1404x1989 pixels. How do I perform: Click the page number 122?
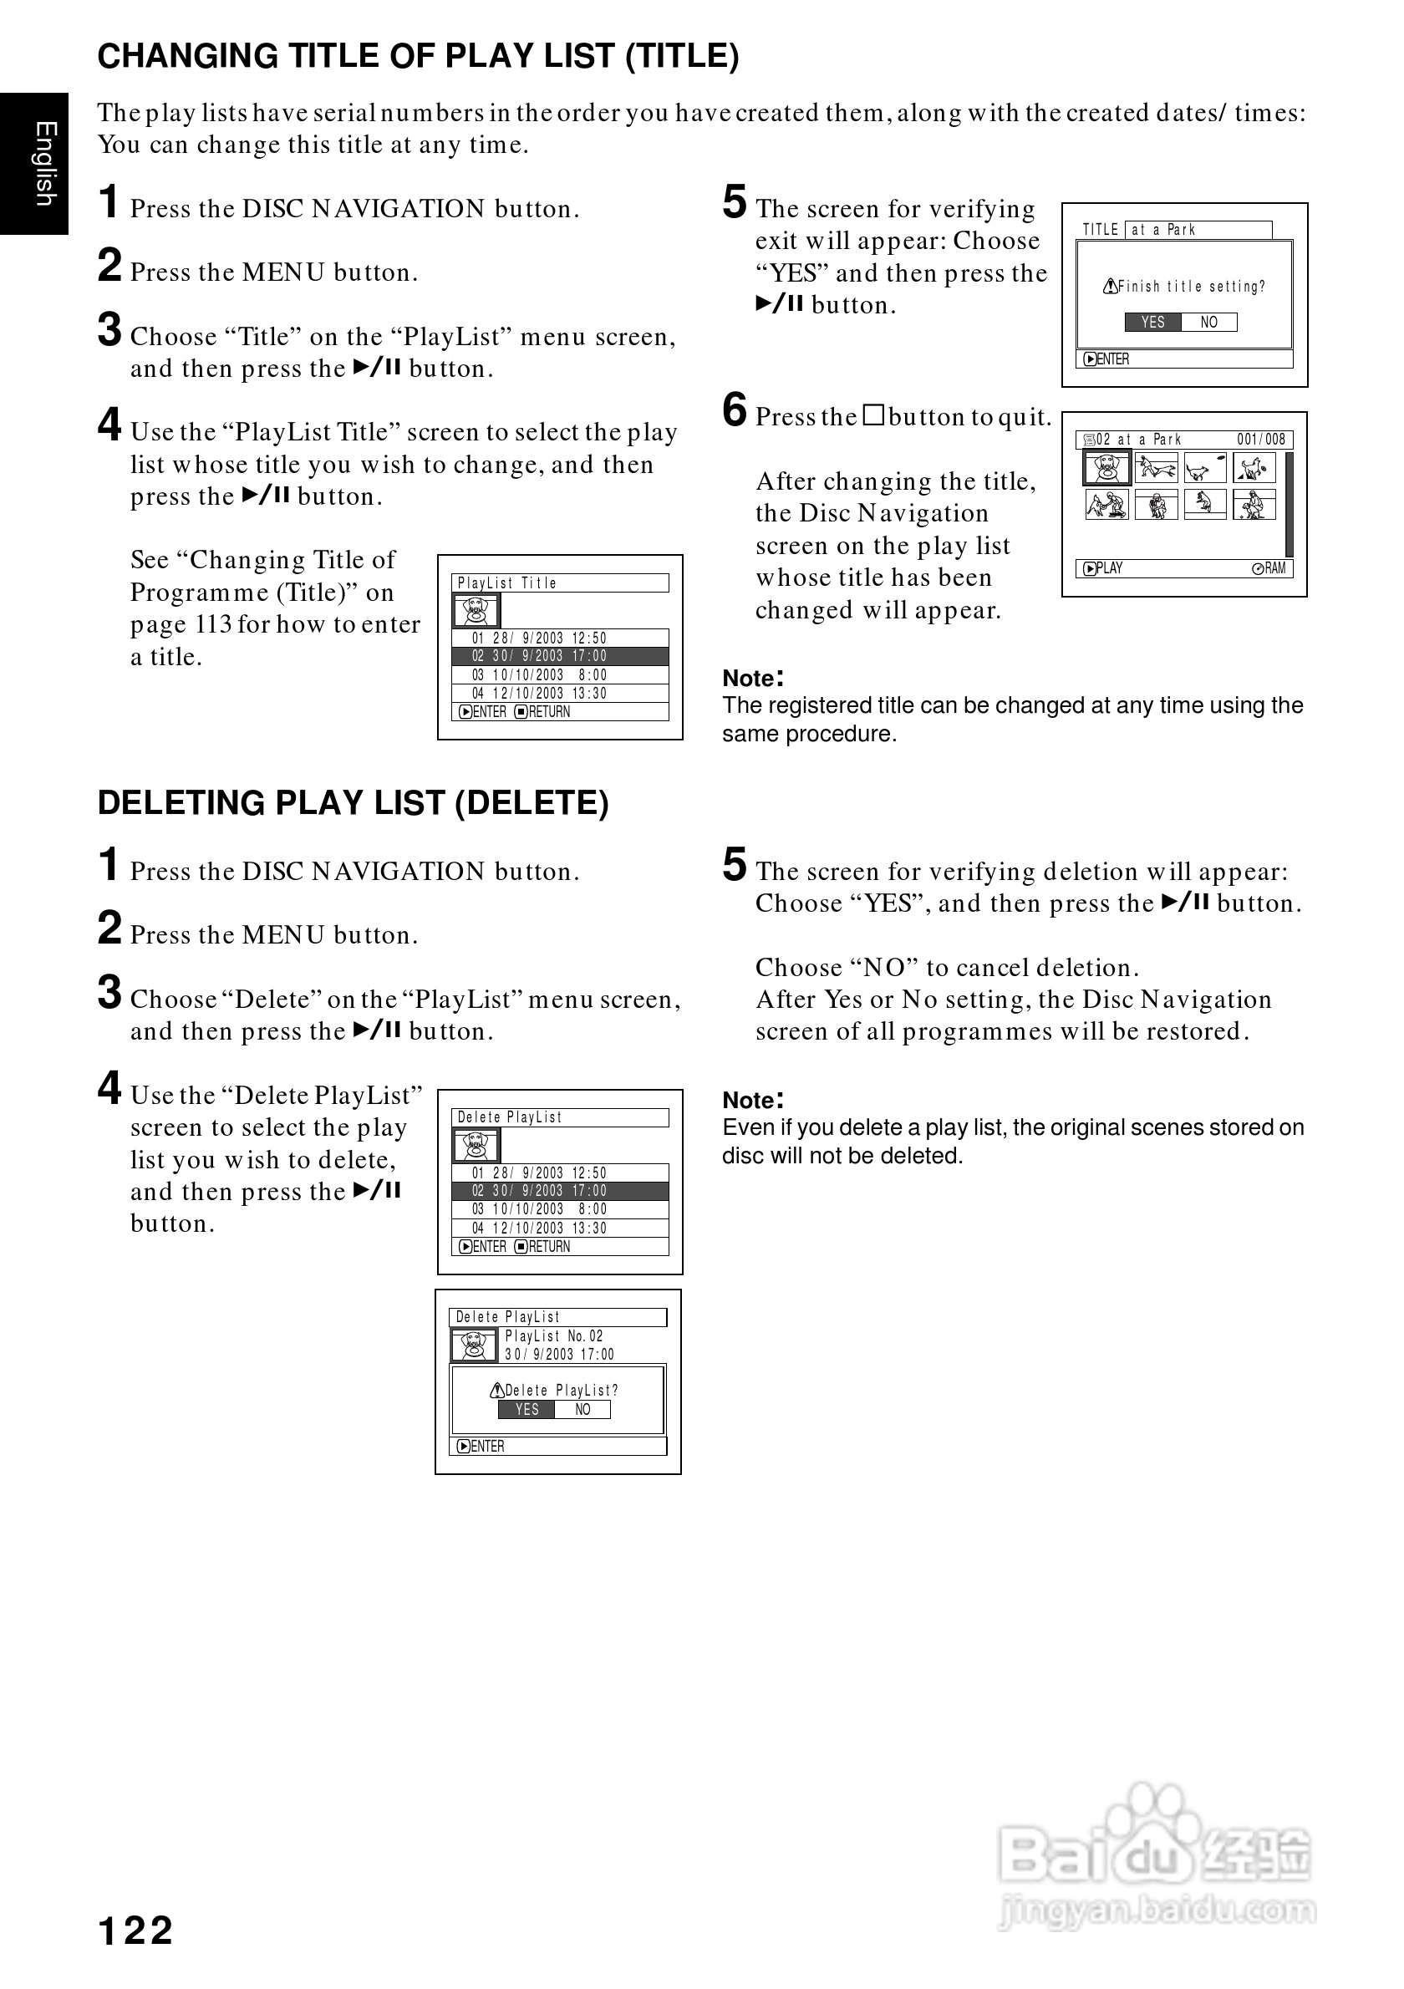pos(136,1931)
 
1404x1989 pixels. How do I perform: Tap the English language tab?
pos(44,164)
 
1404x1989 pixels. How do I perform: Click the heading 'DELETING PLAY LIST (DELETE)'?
pos(354,803)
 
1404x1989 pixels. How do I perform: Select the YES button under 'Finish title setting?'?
pos(1152,323)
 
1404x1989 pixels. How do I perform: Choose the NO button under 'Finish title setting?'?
pos(1208,323)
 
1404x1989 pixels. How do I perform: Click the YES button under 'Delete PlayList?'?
pos(526,1410)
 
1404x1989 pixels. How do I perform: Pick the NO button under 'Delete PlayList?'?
pos(582,1410)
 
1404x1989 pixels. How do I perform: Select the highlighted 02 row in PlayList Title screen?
pos(560,657)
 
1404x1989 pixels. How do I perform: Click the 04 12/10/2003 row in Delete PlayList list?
pos(560,1228)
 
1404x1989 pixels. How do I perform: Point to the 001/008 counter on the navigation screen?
pos(1260,440)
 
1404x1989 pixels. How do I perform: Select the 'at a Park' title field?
pos(1198,230)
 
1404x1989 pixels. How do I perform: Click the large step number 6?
pos(735,409)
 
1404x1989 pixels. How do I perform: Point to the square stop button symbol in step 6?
pos(874,416)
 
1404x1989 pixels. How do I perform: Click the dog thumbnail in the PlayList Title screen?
pos(476,611)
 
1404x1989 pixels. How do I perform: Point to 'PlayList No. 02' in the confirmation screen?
pos(553,1336)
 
